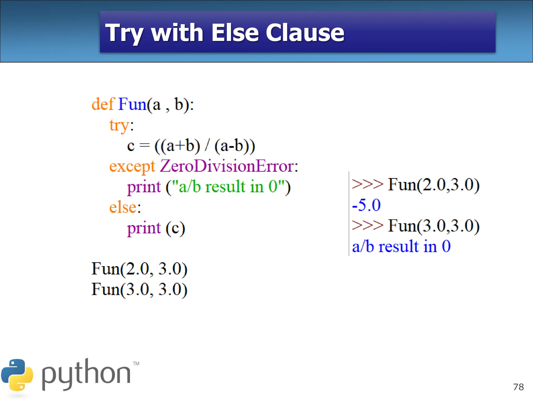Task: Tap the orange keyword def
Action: (x=103, y=104)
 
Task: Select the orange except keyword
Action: (x=132, y=166)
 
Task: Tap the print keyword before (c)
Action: (x=144, y=228)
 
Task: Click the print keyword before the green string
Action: (x=144, y=187)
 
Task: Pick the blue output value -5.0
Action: (x=366, y=205)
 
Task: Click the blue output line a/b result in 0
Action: (x=401, y=246)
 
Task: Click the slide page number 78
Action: (x=518, y=387)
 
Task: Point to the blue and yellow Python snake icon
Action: (x=17, y=375)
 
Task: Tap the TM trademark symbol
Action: (x=136, y=364)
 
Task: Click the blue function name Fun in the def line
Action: (x=132, y=104)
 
